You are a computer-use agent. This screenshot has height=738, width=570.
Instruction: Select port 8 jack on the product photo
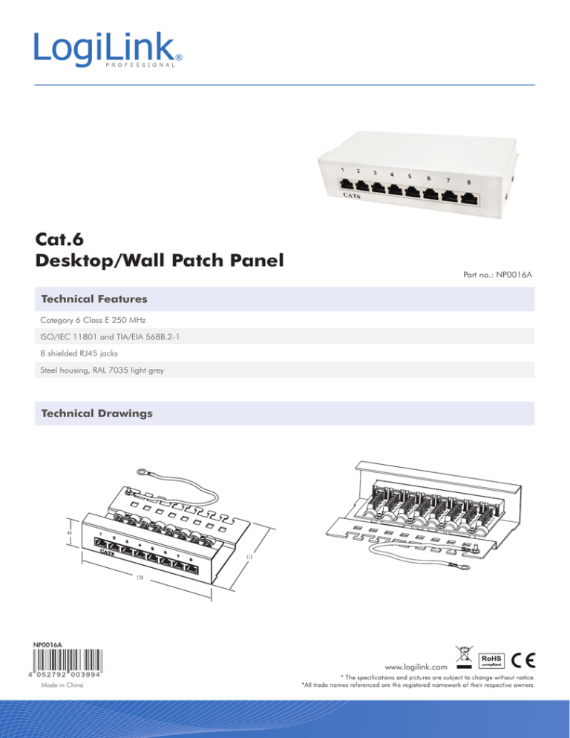469,197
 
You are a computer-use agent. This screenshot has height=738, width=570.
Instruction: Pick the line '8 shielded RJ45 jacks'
84,353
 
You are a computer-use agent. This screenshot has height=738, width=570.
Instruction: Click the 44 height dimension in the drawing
69,533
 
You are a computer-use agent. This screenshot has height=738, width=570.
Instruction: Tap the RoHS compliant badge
494,660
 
